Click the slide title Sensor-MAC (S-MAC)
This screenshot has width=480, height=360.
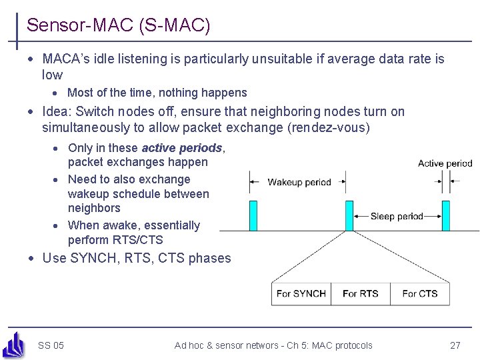pyautogui.click(x=118, y=26)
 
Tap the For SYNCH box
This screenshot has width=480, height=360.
pyautogui.click(x=301, y=293)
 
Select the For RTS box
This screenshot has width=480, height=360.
pyautogui.click(x=360, y=293)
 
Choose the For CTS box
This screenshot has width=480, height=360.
pyautogui.click(x=420, y=293)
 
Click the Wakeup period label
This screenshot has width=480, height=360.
pyautogui.click(x=299, y=182)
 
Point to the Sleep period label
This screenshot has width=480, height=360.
pyautogui.click(x=397, y=216)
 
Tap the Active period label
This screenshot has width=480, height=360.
pyautogui.click(x=445, y=163)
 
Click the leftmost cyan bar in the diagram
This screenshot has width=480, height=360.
pyautogui.click(x=253, y=215)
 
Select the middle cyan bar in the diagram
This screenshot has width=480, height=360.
pyautogui.click(x=349, y=215)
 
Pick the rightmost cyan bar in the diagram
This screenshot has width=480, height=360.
pyautogui.click(x=445, y=215)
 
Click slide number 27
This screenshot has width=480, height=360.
pyautogui.click(x=455, y=345)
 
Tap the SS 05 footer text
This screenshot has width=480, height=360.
pyautogui.click(x=51, y=345)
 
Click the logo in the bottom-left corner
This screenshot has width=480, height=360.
pyautogui.click(x=14, y=345)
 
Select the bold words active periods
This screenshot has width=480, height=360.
pyautogui.click(x=182, y=148)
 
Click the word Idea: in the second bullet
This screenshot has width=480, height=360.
pyautogui.click(x=57, y=112)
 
